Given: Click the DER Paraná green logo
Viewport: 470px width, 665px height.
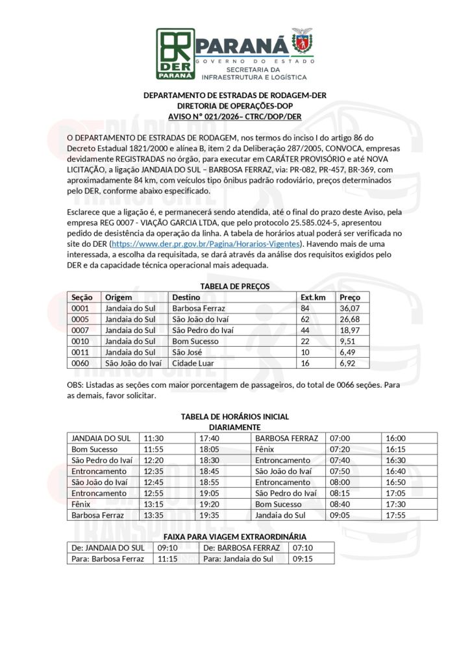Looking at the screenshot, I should coord(175,53).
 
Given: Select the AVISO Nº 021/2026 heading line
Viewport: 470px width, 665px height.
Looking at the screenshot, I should coord(234,116).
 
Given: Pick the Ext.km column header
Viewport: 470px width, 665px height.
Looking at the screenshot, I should coord(312,297).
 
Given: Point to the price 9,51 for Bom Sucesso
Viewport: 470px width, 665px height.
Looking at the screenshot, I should coord(348,342).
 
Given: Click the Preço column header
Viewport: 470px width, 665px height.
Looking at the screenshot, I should coord(350,297).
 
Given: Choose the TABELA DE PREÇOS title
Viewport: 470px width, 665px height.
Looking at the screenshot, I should coord(234,286).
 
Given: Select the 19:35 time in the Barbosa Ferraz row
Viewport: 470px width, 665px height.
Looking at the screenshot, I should coord(209,516).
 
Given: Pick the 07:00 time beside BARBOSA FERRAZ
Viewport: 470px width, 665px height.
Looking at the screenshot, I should coord(340,438).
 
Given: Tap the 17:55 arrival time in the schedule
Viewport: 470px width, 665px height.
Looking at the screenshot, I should coord(395,516).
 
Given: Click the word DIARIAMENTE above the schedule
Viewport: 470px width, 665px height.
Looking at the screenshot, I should coord(234,427).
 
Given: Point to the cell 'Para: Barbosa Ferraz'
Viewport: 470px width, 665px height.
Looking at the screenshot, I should coord(108,558).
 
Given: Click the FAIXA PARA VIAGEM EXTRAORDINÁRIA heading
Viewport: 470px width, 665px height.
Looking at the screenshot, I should coord(234,536).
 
